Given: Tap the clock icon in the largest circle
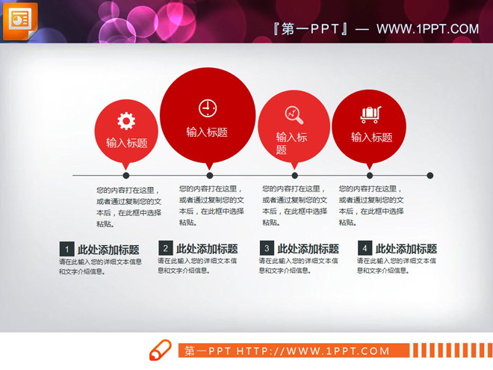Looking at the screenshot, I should pyautogui.click(x=207, y=108).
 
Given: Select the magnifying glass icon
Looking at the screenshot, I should pyautogui.click(x=294, y=114).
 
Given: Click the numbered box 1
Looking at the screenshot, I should pyautogui.click(x=66, y=249).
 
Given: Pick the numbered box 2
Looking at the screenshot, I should pyautogui.click(x=165, y=248).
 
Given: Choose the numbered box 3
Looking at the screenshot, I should pyautogui.click(x=266, y=248).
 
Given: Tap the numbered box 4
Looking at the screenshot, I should pyautogui.click(x=365, y=248).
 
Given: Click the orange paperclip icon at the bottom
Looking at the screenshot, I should pyautogui.click(x=161, y=351).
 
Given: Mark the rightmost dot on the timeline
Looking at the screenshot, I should pyautogui.click(x=430, y=176).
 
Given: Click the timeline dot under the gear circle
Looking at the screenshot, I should pyautogui.click(x=126, y=176).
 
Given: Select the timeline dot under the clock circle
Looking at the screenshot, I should pyautogui.click(x=209, y=176).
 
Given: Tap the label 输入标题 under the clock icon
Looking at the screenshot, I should pyautogui.click(x=207, y=132).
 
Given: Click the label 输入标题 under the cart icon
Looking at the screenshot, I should pyautogui.click(x=371, y=137).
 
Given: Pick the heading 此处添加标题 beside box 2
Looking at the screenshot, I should pyautogui.click(x=207, y=249).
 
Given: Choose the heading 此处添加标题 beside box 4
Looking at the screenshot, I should pyautogui.click(x=406, y=249).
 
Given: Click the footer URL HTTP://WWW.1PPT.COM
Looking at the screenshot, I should pyautogui.click(x=314, y=351).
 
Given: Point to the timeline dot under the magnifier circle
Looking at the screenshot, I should pyautogui.click(x=294, y=176).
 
